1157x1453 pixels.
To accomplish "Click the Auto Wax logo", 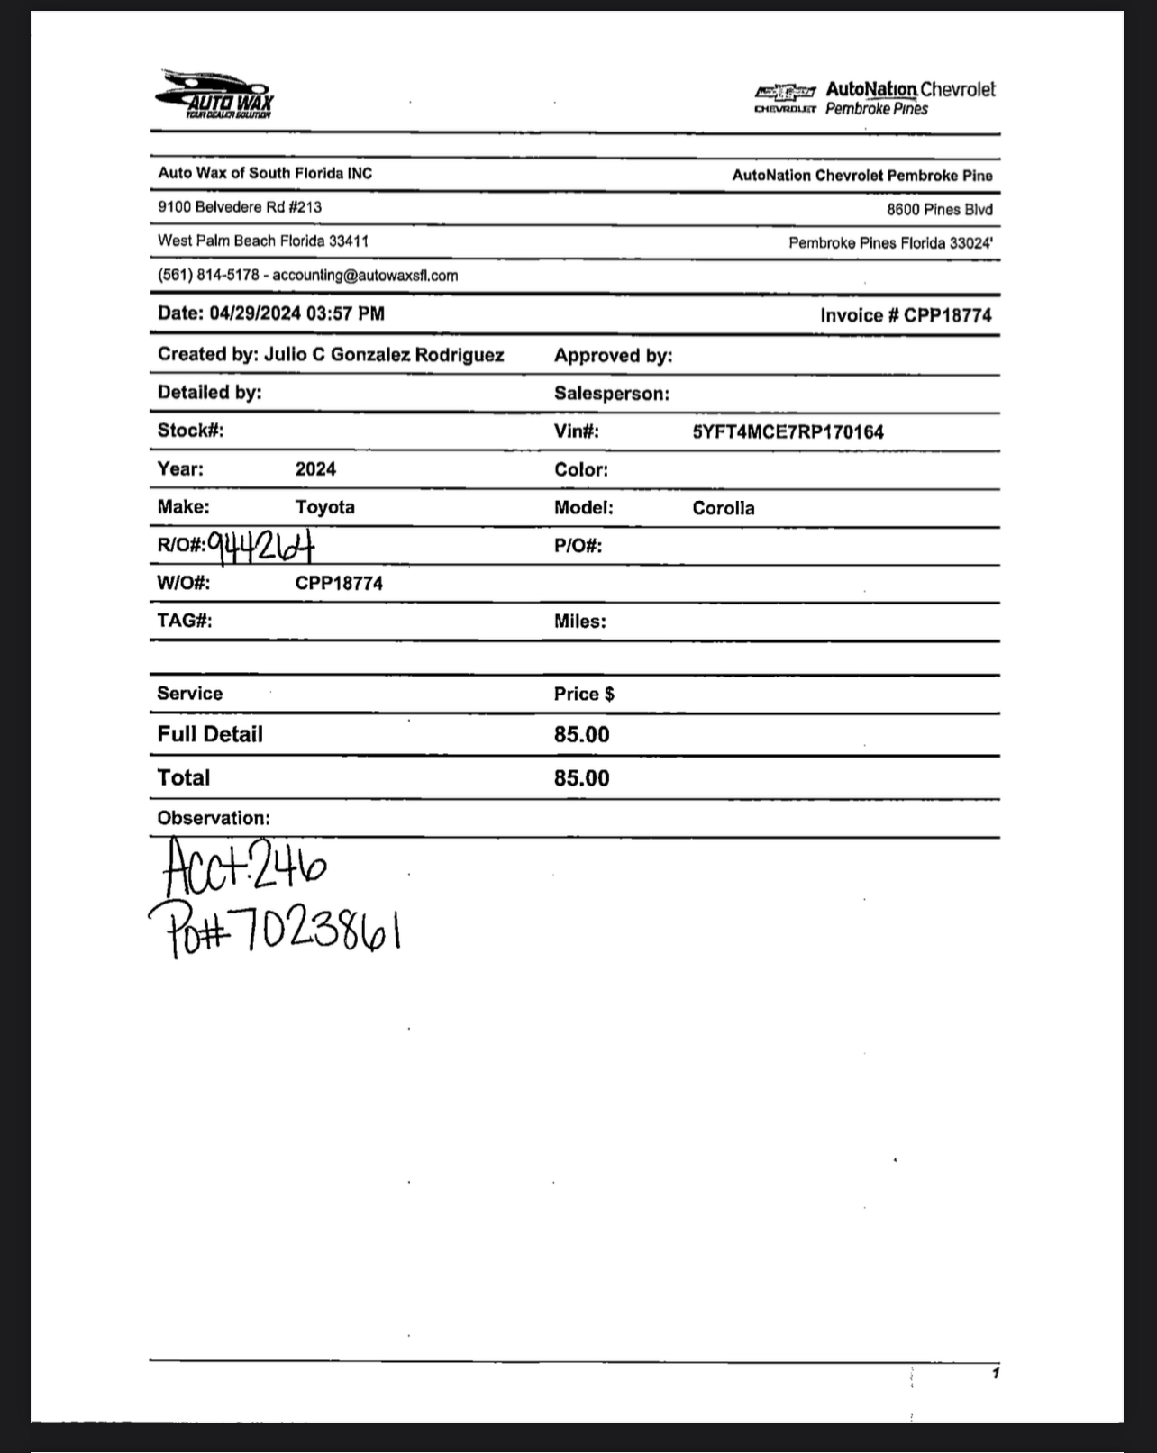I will point(215,94).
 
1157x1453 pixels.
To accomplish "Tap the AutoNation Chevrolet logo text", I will point(910,89).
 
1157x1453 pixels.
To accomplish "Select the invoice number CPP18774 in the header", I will point(947,315).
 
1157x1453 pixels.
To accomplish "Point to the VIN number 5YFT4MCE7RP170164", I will point(788,432).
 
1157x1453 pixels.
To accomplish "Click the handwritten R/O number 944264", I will point(260,545).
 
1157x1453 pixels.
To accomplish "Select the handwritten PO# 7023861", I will point(276,931).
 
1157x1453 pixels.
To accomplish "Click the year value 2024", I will point(315,469).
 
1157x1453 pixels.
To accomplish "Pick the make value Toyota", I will point(324,507).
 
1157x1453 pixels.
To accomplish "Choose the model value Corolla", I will point(723,508).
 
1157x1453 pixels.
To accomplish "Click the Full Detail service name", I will point(210,734).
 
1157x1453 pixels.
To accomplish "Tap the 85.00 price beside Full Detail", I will point(581,735).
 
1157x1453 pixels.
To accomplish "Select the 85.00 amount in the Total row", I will point(581,778).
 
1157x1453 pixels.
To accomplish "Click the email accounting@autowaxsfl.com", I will point(365,276).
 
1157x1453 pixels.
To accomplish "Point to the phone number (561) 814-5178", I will point(208,276).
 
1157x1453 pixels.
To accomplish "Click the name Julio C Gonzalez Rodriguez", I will point(384,355).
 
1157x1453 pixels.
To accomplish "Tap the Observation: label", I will point(214,818).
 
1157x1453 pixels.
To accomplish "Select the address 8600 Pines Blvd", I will point(939,210).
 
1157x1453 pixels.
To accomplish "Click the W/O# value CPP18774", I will point(339,584).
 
